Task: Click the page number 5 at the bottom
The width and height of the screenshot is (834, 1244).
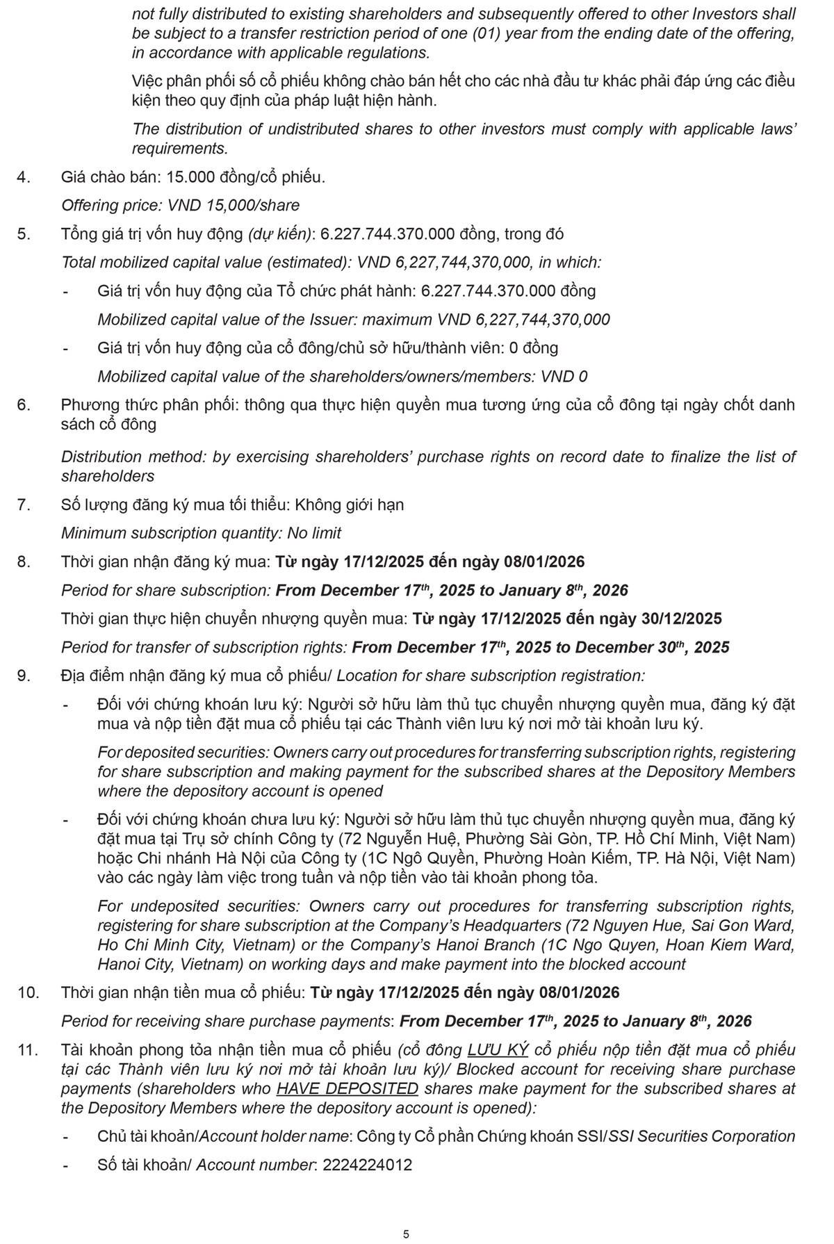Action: tap(406, 1215)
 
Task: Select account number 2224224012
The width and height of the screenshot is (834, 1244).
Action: tap(366, 1165)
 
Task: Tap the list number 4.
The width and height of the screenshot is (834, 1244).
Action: tap(24, 177)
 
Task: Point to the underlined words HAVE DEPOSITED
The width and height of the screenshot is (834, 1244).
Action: tap(347, 1088)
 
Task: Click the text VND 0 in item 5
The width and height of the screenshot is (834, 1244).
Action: tap(564, 377)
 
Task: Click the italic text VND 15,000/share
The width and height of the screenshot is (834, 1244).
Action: tap(234, 206)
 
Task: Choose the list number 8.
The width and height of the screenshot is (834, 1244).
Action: tap(24, 562)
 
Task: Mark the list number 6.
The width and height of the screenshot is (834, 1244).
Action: tap(24, 404)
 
